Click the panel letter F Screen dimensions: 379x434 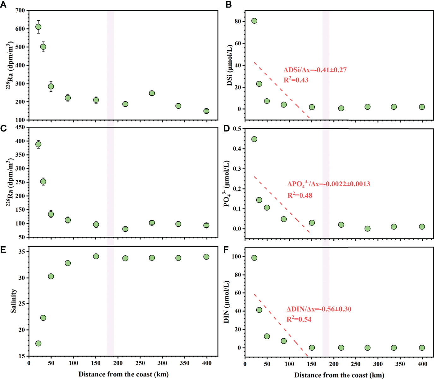(226, 250)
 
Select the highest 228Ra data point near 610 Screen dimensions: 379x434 (38, 27)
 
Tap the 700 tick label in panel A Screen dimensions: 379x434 (20, 10)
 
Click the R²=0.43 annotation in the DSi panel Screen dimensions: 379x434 (296, 80)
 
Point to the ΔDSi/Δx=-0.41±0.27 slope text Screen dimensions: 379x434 (315, 70)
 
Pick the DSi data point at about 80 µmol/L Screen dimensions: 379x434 (254, 21)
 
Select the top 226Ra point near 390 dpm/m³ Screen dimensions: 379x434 (38, 144)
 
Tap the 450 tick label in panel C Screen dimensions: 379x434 (20, 127)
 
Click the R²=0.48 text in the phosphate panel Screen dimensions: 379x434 (300, 195)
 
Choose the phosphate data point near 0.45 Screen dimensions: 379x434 (254, 139)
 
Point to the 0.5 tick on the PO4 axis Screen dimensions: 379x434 (237, 129)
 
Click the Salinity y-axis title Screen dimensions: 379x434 (13, 300)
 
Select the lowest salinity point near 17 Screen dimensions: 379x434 (38, 343)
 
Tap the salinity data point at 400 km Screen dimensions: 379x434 (206, 257)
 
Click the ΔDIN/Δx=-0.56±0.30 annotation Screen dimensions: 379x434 (318, 309)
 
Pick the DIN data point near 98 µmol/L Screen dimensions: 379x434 (254, 258)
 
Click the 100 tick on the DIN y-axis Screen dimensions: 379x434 (236, 257)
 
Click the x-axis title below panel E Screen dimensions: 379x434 (123, 374)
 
